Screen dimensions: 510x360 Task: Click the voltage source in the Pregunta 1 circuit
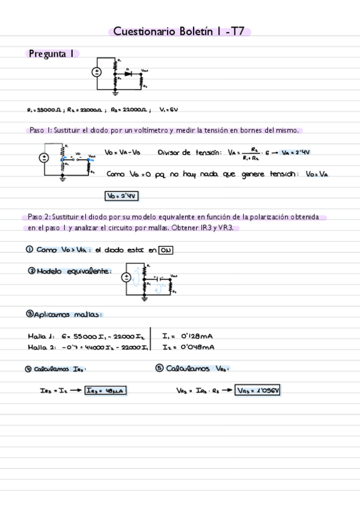96,72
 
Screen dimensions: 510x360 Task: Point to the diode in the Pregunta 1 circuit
129,73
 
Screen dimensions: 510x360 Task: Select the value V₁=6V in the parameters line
169,111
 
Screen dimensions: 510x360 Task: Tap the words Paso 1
40,131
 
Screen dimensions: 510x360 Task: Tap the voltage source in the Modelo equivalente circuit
126,277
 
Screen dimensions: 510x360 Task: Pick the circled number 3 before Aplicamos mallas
29,314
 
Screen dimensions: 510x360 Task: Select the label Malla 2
41,348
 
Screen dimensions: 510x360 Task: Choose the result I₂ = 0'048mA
189,347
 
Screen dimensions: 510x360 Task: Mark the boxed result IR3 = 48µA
106,390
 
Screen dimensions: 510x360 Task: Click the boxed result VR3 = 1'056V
258,390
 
